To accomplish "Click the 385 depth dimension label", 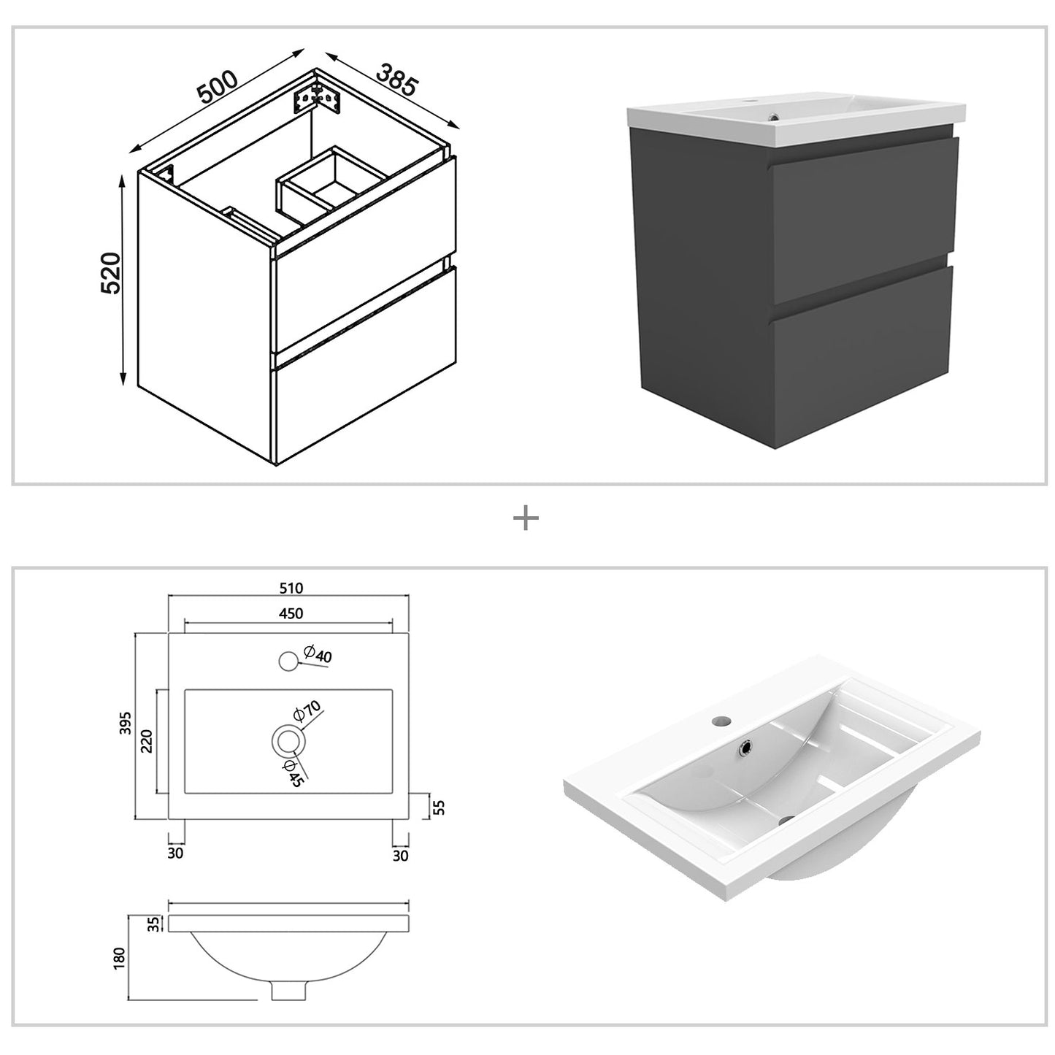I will (x=396, y=80).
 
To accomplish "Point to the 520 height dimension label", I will (x=110, y=273).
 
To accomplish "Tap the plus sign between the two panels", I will (x=526, y=519).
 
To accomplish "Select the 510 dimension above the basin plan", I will (x=290, y=588).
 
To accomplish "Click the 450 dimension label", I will (x=290, y=614).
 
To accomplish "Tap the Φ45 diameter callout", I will (x=293, y=772).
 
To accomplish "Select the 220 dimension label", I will (x=146, y=742).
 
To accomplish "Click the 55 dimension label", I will (x=439, y=807).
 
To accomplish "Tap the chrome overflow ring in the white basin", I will (x=747, y=747).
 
